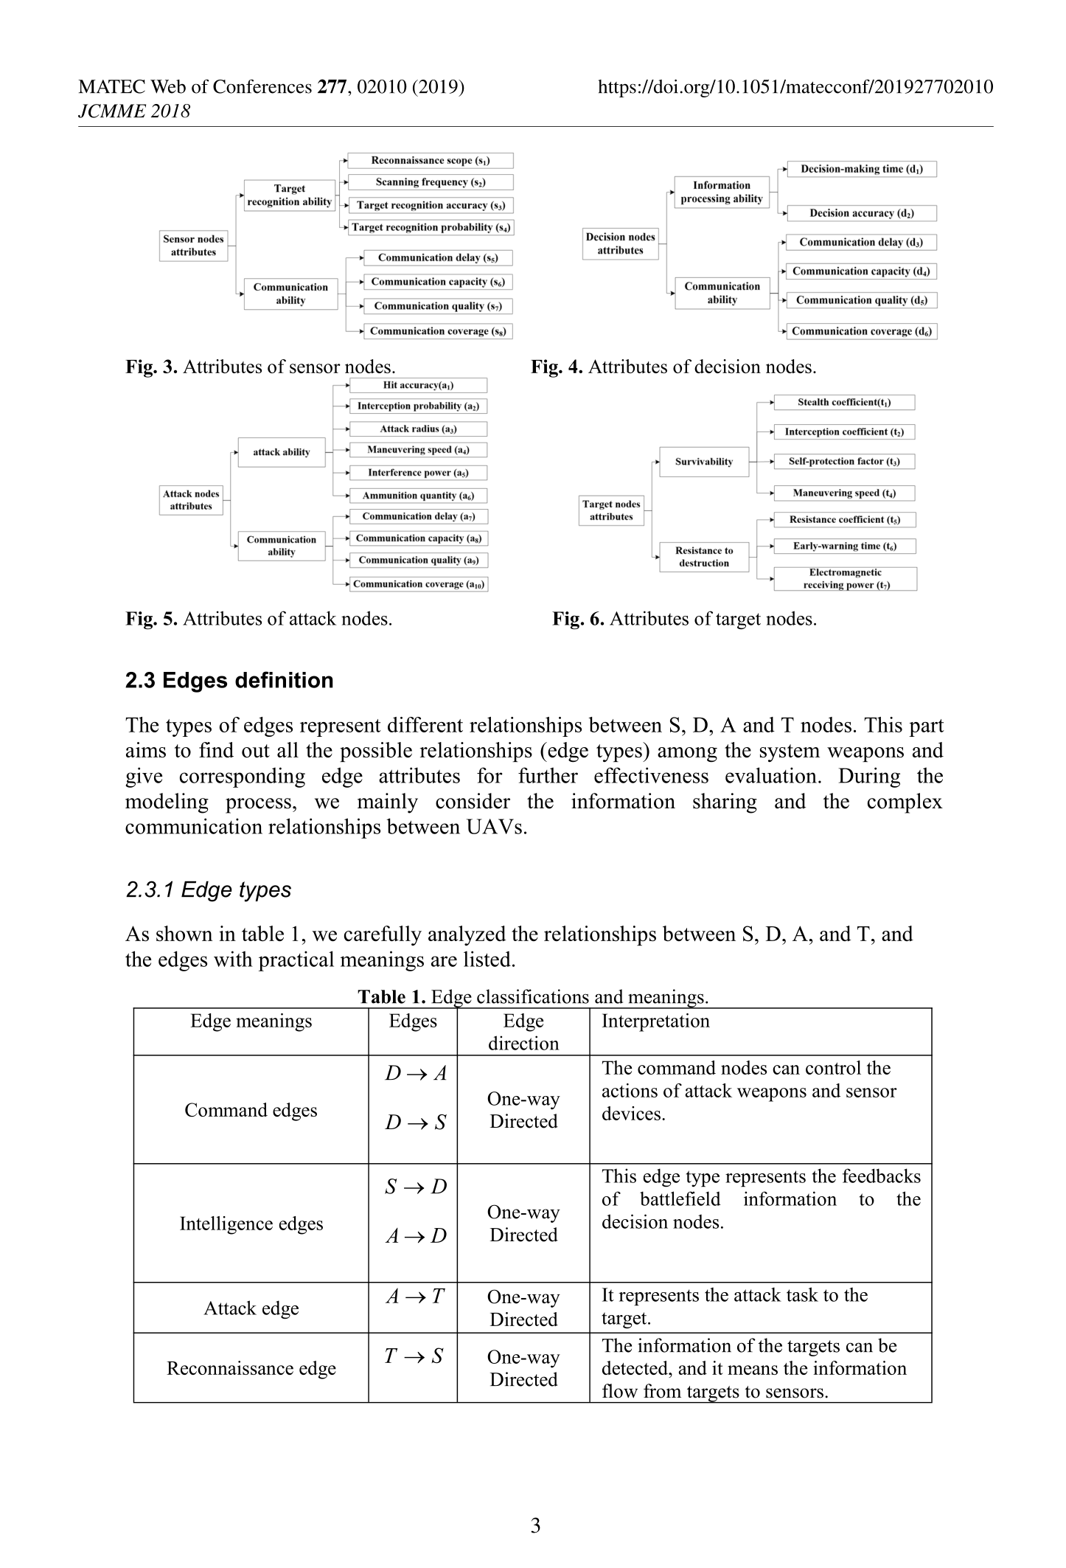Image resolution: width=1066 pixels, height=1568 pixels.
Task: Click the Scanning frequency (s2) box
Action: pyautogui.click(x=430, y=182)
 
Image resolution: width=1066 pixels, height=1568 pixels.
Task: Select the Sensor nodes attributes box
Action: pyautogui.click(x=193, y=246)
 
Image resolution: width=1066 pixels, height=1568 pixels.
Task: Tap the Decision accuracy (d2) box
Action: pyautogui.click(x=861, y=213)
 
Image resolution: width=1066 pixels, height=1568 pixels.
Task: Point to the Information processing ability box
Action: pyautogui.click(x=721, y=192)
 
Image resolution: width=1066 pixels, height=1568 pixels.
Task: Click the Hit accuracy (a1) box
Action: pyautogui.click(x=418, y=385)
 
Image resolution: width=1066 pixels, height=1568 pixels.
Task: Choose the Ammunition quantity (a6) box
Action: pyautogui.click(x=417, y=496)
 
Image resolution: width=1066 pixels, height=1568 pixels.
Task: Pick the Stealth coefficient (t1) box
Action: pyautogui.click(x=843, y=403)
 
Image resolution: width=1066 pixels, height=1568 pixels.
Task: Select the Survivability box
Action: pyautogui.click(x=704, y=462)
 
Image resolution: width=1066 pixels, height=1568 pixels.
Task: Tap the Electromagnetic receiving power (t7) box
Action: pyautogui.click(x=845, y=579)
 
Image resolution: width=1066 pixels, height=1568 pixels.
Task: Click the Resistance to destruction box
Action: pyautogui.click(x=704, y=557)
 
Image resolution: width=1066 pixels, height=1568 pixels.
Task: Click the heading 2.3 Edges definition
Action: pyautogui.click(x=229, y=680)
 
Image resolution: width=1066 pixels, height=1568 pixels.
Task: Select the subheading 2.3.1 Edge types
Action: pyautogui.click(x=209, y=889)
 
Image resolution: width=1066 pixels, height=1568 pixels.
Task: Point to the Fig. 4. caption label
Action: pyautogui.click(x=557, y=367)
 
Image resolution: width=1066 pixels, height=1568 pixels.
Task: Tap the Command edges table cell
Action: pyautogui.click(x=251, y=1110)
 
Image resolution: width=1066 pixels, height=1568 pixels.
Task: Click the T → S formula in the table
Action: pyautogui.click(x=414, y=1356)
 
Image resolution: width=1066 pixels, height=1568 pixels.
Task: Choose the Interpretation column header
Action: pyautogui.click(x=655, y=1021)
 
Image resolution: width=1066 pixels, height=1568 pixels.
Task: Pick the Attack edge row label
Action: pyautogui.click(x=251, y=1308)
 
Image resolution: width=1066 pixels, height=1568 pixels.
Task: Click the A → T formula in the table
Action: pyautogui.click(x=414, y=1296)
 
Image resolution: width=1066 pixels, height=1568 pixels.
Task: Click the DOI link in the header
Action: pyautogui.click(x=795, y=87)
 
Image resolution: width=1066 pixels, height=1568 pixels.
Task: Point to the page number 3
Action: pyautogui.click(x=535, y=1525)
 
